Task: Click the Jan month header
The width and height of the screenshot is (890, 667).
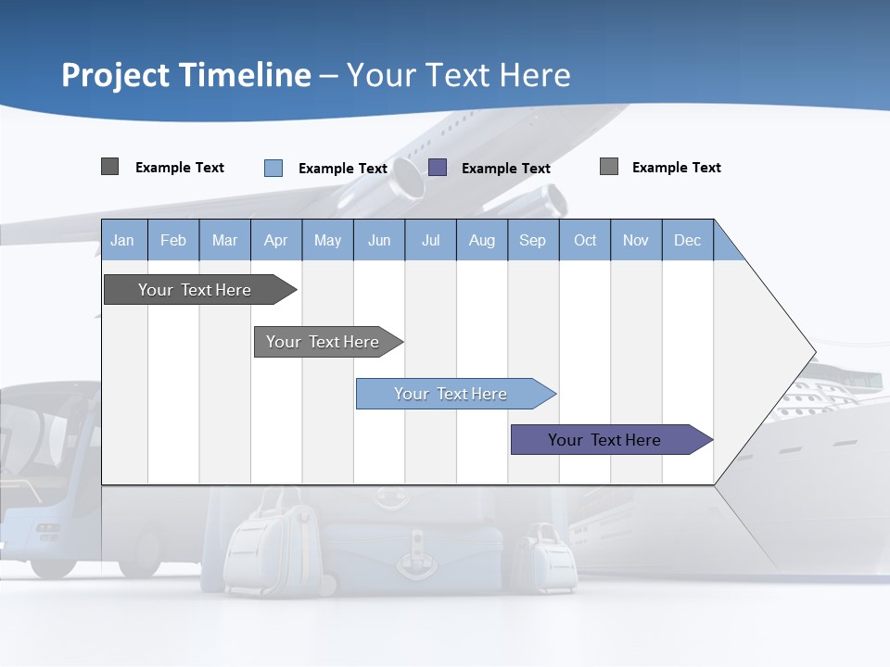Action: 123,240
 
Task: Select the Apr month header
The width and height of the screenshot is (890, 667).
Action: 276,240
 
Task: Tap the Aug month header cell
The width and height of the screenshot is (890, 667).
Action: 482,240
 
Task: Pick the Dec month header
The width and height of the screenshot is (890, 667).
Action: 688,240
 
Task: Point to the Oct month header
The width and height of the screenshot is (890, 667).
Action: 585,240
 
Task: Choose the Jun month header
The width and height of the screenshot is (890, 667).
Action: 379,240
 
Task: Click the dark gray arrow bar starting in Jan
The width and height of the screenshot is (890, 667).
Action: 196,290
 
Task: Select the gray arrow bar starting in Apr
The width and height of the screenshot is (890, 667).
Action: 324,342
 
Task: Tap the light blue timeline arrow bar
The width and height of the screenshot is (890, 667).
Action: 451,394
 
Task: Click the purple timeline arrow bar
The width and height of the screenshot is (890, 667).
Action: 605,440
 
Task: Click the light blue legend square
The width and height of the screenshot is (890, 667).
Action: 273,168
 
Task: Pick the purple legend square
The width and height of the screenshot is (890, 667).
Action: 438,168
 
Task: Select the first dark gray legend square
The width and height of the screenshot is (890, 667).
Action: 110,167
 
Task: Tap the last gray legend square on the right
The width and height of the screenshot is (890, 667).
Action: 609,167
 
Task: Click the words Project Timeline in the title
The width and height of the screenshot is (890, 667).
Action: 186,75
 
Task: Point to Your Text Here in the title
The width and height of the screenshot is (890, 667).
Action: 459,75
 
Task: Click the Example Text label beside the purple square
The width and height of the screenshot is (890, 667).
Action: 506,169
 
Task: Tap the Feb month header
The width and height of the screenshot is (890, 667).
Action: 173,240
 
